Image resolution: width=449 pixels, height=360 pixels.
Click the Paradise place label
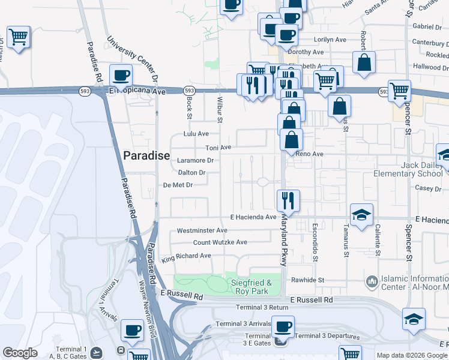click(146, 155)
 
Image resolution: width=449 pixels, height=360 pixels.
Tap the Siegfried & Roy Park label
click(252, 287)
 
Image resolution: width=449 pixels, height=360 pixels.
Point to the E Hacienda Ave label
click(253, 217)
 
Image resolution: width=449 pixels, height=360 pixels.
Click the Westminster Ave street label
click(202, 230)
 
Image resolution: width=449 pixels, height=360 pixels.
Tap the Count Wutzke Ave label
click(220, 242)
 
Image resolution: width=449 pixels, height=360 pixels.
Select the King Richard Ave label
click(186, 256)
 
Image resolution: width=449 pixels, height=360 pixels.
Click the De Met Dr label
click(178, 185)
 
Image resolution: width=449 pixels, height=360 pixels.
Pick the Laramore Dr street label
click(195, 160)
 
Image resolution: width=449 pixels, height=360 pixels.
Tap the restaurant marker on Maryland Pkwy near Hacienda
click(288, 200)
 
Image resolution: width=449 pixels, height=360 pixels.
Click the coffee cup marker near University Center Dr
click(121, 76)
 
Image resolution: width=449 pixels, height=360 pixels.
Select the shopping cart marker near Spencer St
click(399, 91)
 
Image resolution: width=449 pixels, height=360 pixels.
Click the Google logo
click(20, 353)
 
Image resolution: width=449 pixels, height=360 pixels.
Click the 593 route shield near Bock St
click(190, 91)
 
